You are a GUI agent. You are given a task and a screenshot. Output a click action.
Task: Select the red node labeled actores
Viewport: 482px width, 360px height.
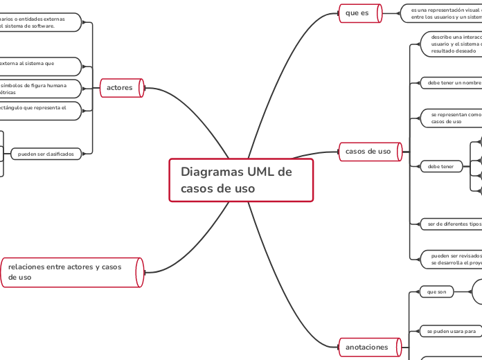[120, 88]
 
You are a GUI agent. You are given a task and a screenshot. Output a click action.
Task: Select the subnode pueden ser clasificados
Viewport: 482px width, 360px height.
[46, 154]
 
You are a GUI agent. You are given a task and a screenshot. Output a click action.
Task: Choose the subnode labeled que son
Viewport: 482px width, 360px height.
[438, 292]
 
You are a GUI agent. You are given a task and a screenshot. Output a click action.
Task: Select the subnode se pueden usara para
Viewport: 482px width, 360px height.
[451, 332]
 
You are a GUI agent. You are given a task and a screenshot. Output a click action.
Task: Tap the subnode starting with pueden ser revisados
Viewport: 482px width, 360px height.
[454, 259]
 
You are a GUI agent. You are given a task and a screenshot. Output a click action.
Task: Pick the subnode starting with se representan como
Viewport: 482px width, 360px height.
[454, 118]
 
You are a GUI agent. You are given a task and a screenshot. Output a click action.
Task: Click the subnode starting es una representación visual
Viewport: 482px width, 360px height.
[443, 13]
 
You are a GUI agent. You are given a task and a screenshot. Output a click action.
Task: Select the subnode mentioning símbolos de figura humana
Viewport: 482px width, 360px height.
[38, 89]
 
